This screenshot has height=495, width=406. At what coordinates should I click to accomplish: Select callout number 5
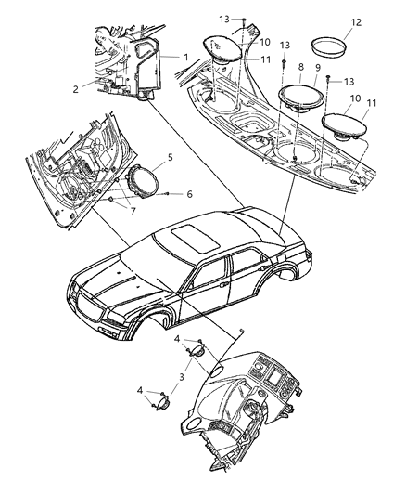(x=168, y=159)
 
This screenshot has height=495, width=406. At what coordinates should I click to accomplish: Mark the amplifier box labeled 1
(x=148, y=60)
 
